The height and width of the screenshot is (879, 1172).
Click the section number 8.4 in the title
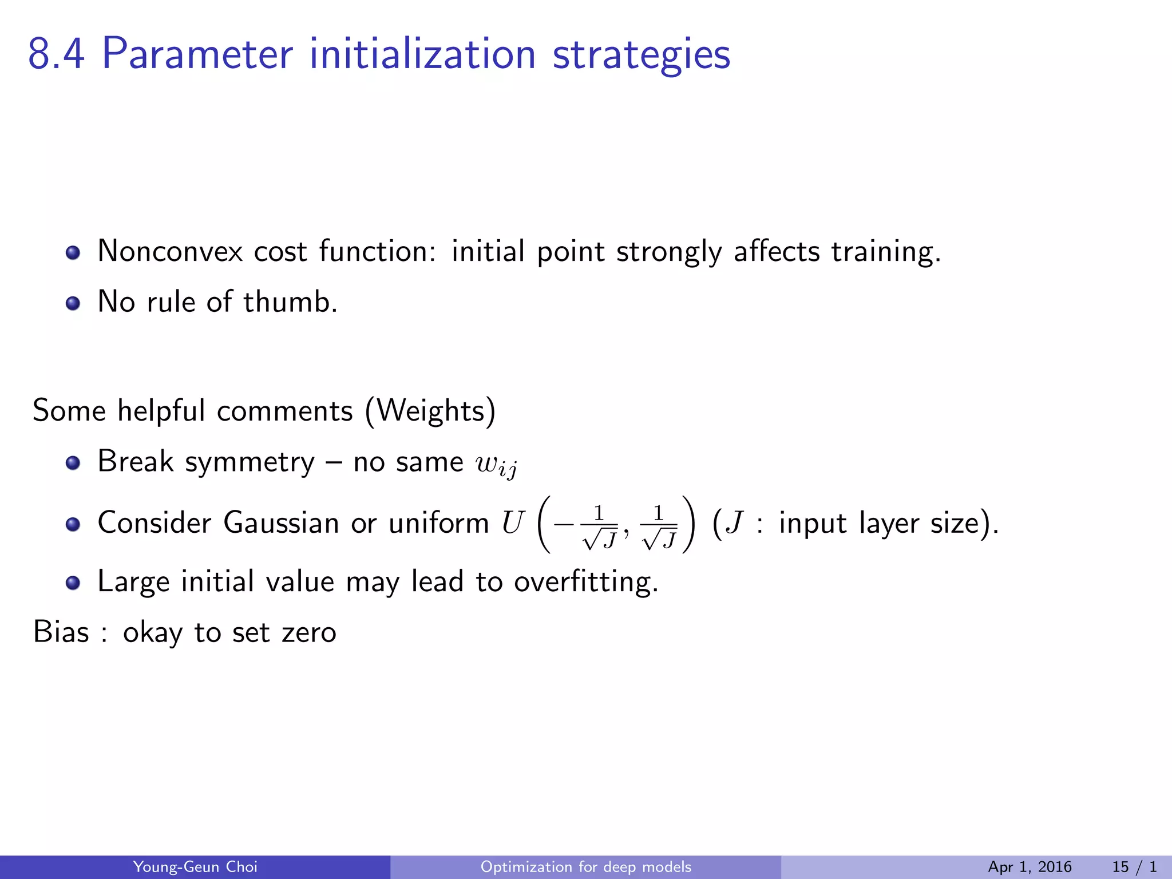coord(56,54)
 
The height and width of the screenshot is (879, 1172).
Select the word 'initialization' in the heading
coord(422,54)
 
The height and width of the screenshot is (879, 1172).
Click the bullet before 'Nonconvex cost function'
coord(73,252)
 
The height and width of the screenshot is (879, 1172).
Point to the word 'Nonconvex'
coord(170,252)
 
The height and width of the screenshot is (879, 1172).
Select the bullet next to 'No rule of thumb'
coord(73,303)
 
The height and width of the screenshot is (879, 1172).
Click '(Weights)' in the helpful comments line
coord(430,411)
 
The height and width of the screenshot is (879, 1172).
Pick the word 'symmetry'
coord(250,462)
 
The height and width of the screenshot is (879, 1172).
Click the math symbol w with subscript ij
coord(496,465)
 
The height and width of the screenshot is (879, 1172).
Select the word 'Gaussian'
coord(281,523)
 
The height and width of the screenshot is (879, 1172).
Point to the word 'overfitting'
coord(585,582)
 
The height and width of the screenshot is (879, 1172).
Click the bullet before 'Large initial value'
coord(73,583)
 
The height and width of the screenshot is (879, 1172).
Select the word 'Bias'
coord(61,632)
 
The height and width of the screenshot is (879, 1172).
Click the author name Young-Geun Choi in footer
coord(195,867)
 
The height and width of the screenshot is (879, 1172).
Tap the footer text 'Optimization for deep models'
coord(585,867)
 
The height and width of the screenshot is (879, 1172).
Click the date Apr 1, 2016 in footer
coord(1030,867)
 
